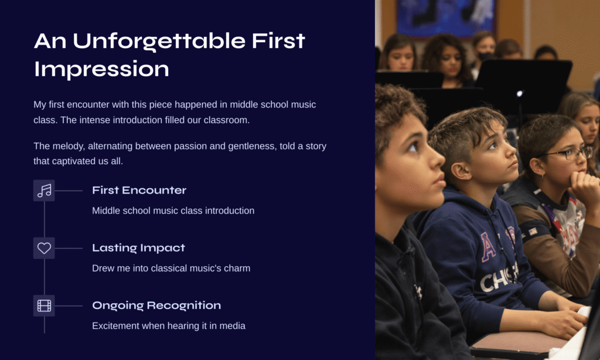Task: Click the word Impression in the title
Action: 101,69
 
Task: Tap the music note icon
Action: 44,191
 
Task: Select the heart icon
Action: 44,248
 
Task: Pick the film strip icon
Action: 44,305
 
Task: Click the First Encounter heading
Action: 139,191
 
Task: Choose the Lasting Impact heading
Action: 138,248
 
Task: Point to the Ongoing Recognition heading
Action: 156,305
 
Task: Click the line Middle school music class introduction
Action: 173,210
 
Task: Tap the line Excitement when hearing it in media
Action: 169,326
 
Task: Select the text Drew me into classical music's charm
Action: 171,268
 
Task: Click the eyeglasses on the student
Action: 567,153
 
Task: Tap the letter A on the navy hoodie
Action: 487,247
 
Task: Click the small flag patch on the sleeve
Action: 533,232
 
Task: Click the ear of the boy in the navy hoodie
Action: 461,171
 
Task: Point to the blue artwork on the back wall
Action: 445,17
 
